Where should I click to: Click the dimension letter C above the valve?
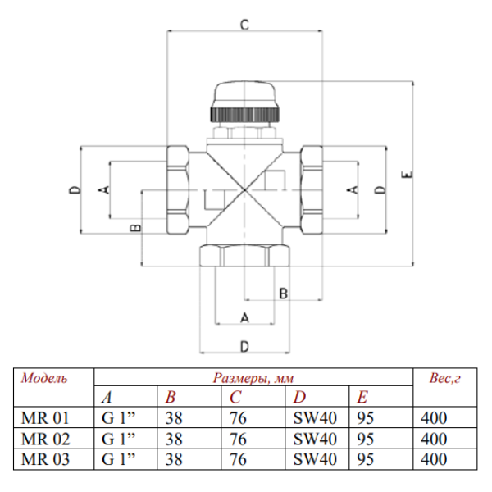tap(244, 25)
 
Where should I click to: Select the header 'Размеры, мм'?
tap(253, 378)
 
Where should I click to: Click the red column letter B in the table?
tap(171, 398)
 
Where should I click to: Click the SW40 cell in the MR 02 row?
tap(315, 438)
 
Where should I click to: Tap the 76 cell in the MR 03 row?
tap(238, 458)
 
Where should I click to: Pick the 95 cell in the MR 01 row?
tap(366, 417)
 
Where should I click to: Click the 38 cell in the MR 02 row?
tap(174, 438)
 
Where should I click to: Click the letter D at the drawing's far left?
tap(74, 189)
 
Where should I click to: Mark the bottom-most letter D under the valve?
tap(244, 344)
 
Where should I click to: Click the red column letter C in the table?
tap(235, 398)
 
